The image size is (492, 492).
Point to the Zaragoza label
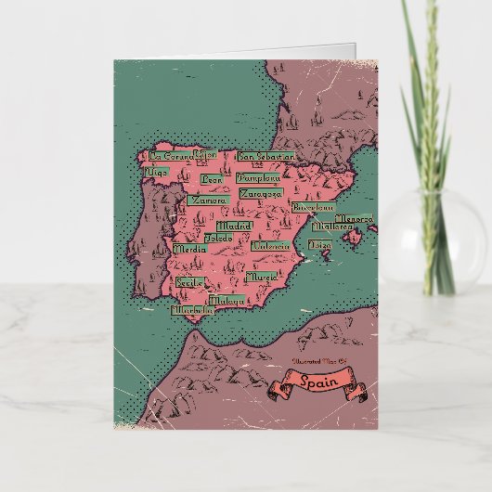tap(260, 194)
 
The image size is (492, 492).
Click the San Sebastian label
tap(265, 157)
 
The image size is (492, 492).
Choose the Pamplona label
tap(257, 175)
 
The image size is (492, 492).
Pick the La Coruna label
tap(170, 156)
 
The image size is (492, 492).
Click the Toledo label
tap(219, 238)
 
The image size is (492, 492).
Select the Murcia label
tap(262, 277)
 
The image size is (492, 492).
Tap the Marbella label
tap(191, 311)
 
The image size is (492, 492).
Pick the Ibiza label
tap(318, 245)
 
